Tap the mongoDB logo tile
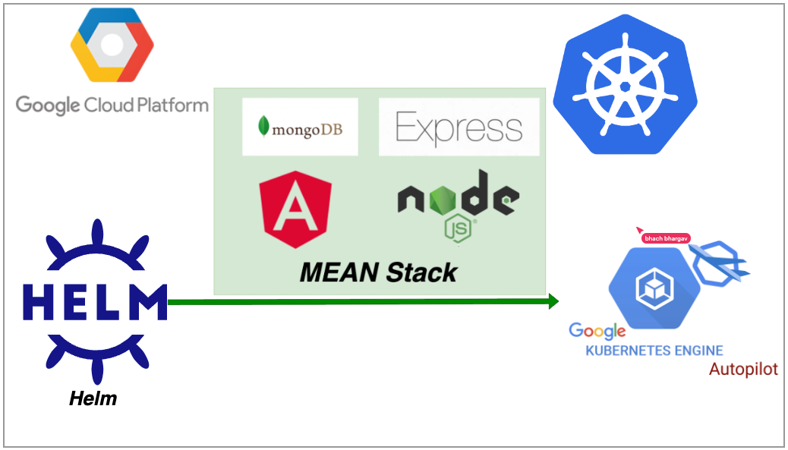coord(300,127)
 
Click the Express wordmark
coord(459,127)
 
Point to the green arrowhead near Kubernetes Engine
coord(552,302)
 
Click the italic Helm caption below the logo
coord(93,398)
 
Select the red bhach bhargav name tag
coord(666,238)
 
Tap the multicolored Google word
coord(597,330)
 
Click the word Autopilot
coord(743,370)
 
